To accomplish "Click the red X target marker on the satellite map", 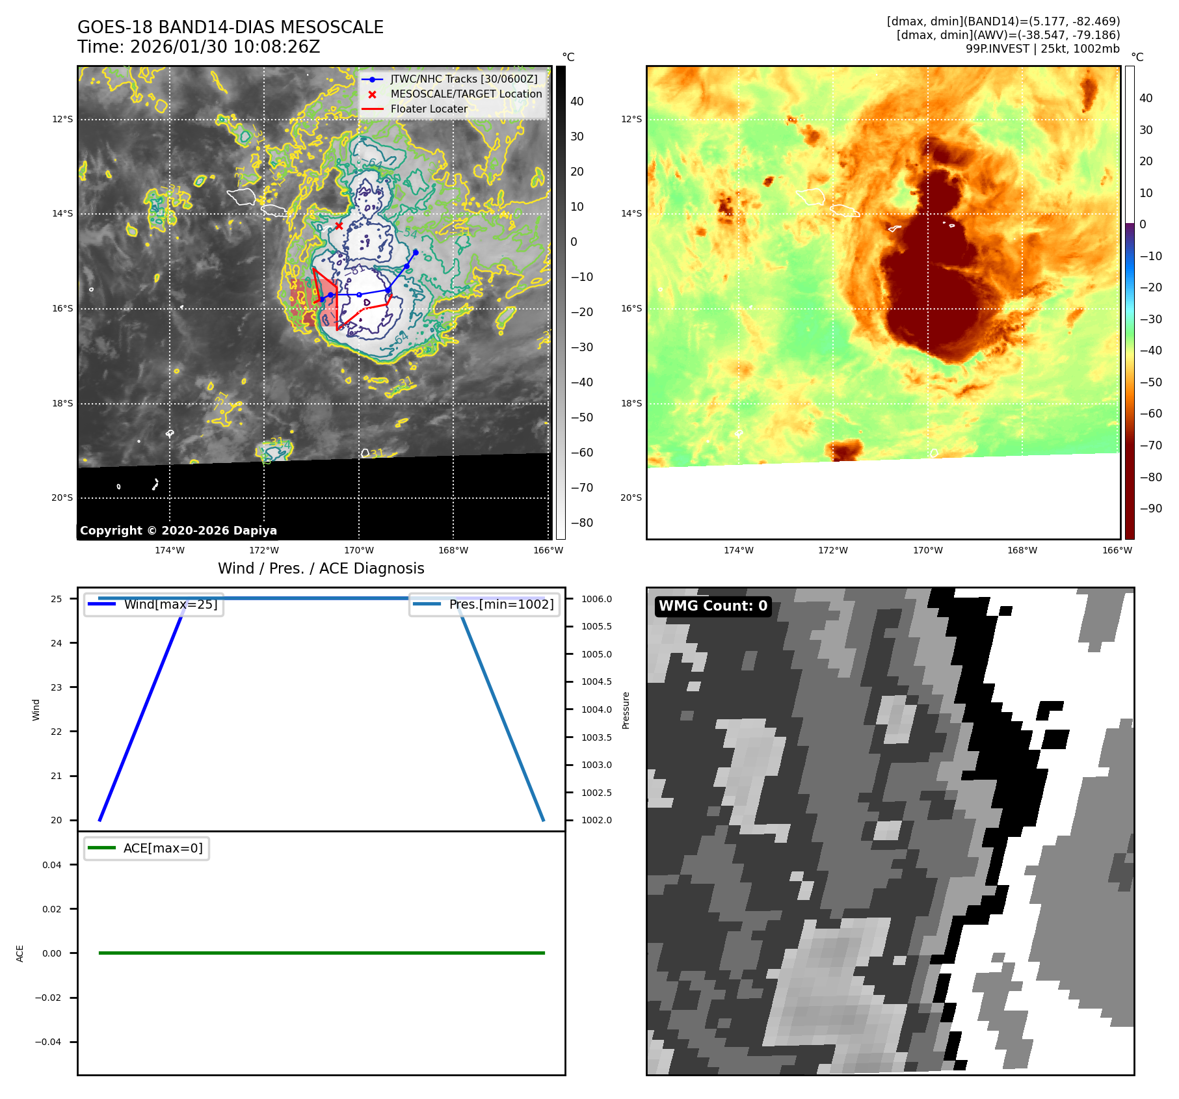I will tap(339, 226).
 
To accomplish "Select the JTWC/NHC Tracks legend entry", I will tap(464, 79).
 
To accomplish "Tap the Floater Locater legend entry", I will tap(429, 109).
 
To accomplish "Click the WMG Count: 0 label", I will tap(713, 606).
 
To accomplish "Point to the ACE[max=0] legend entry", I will tap(163, 848).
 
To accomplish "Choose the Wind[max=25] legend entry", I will tap(170, 604).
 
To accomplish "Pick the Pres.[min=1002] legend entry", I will tap(501, 604).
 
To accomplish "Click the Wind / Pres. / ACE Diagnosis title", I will tap(321, 568).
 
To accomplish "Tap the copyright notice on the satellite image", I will tap(178, 531).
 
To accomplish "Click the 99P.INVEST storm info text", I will tap(1042, 49).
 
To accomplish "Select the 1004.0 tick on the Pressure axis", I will tap(596, 709).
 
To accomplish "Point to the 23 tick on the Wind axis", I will tap(57, 687).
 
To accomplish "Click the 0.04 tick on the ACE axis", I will tap(52, 865).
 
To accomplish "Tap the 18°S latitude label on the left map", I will tap(62, 403).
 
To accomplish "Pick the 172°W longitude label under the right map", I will tap(833, 550).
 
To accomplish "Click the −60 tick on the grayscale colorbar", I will tap(581, 453).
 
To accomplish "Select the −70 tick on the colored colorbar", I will tap(1150, 445).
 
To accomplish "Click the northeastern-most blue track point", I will tap(416, 252).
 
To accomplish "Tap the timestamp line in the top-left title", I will tap(199, 47).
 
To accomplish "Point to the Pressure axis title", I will tap(626, 710).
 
